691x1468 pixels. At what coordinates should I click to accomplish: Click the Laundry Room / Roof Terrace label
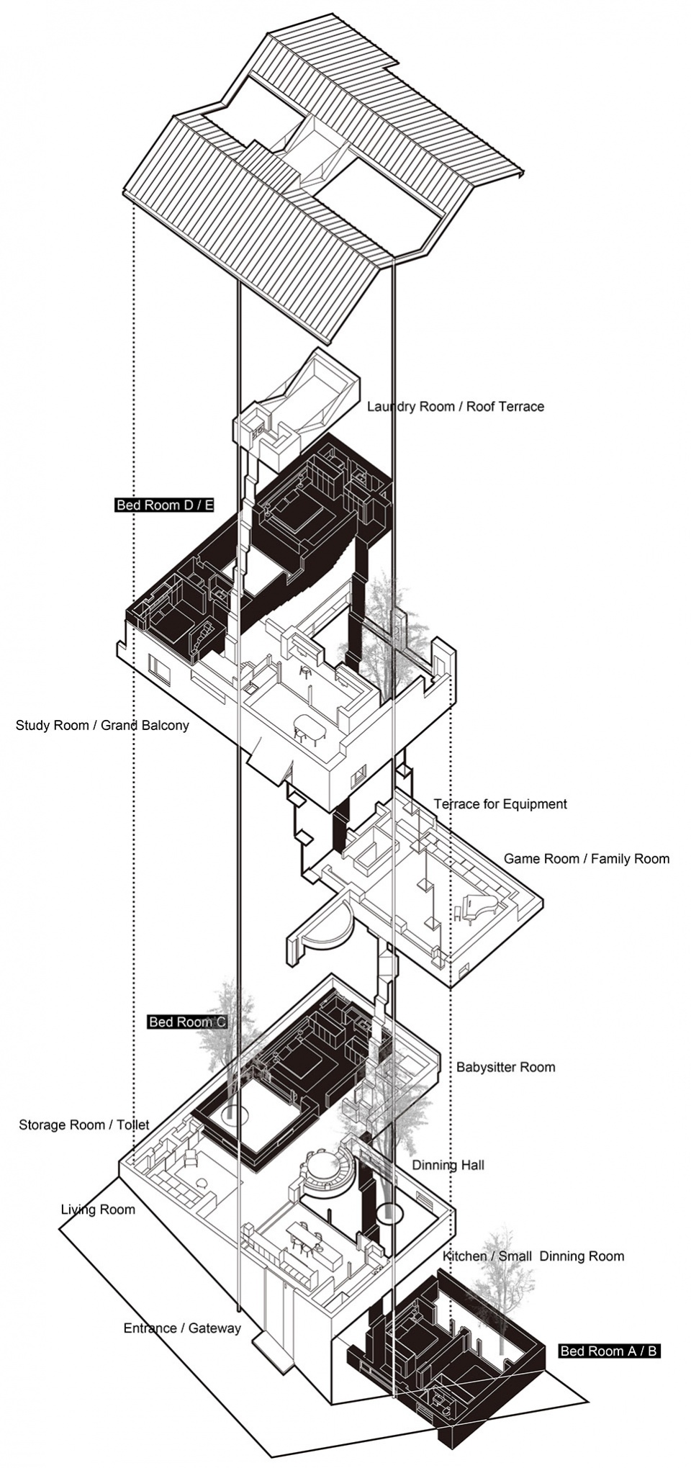pos(455,406)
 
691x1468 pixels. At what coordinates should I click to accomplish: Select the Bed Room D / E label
pos(165,505)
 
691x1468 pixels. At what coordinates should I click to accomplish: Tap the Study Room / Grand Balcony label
pos(102,725)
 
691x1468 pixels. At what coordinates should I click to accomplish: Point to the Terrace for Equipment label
pos(500,803)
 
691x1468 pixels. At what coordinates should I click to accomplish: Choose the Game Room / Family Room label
pos(586,858)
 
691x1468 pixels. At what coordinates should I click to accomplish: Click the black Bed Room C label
pos(187,1022)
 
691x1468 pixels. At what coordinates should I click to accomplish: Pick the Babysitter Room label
pos(505,1067)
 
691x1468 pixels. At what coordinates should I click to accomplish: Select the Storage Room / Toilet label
pos(84,1125)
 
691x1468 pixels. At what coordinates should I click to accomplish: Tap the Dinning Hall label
pos(448,1165)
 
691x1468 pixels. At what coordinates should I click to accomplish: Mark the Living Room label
pos(98,1210)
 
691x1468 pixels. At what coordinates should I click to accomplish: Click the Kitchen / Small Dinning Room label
pos(533,1256)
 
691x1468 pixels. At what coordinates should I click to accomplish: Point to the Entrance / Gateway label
pos(182,1328)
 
